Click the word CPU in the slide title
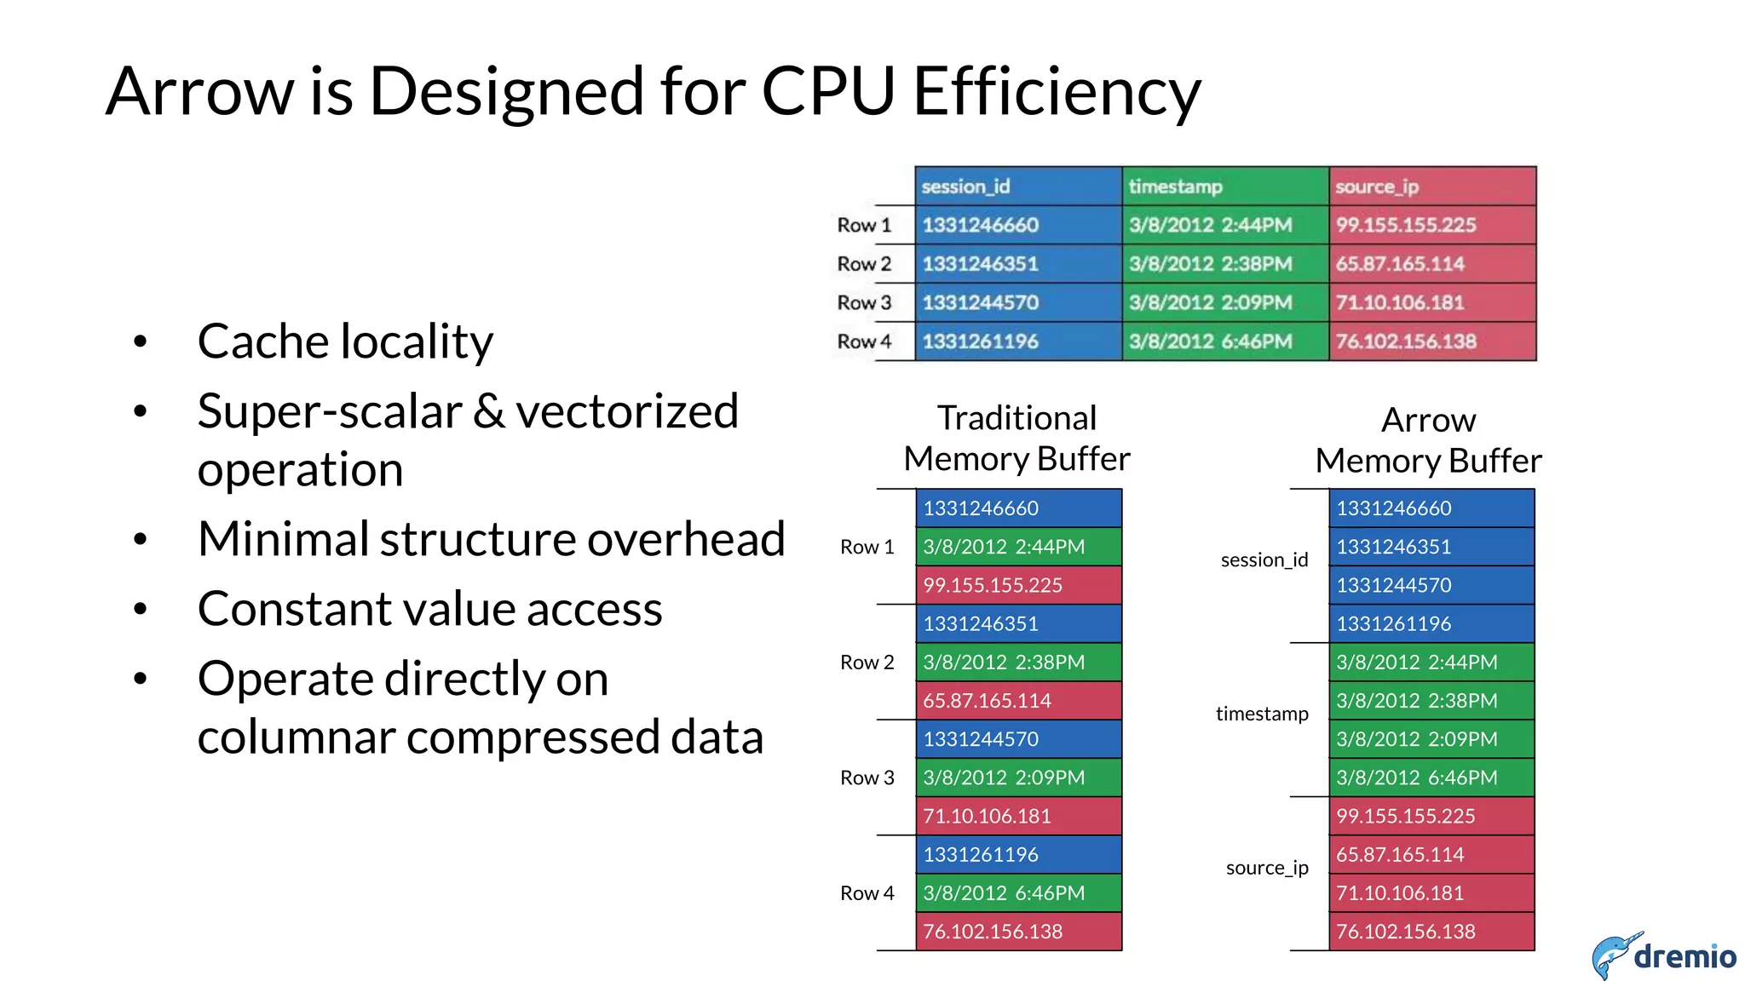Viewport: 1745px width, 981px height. pos(827,91)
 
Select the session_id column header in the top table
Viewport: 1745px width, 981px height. pos(1018,186)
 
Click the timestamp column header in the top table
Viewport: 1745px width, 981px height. pos(1224,186)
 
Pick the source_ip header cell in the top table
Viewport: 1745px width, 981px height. pos(1431,186)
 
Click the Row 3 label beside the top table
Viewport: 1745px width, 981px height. pos(864,302)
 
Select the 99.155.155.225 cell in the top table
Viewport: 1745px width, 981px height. pos(1431,225)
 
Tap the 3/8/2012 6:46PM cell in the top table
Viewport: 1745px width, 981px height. pos(1224,341)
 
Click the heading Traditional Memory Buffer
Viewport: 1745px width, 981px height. pos(1016,439)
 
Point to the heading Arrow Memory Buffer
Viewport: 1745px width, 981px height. pos(1428,440)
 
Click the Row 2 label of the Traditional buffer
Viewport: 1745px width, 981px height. pos(867,663)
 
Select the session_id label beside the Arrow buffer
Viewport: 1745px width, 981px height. pos(1264,560)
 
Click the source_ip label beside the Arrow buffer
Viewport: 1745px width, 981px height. pos(1266,868)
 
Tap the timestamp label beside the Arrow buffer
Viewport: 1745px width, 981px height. pos(1261,714)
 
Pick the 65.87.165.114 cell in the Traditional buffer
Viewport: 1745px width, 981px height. pos(1018,701)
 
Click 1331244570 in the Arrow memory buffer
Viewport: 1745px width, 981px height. pos(1431,585)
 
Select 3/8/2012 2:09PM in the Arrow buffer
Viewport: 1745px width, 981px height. pos(1431,739)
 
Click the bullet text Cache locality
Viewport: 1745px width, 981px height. pos(345,341)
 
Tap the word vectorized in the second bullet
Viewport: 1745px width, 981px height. pos(627,411)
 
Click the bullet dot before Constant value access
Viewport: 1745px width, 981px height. pos(141,609)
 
